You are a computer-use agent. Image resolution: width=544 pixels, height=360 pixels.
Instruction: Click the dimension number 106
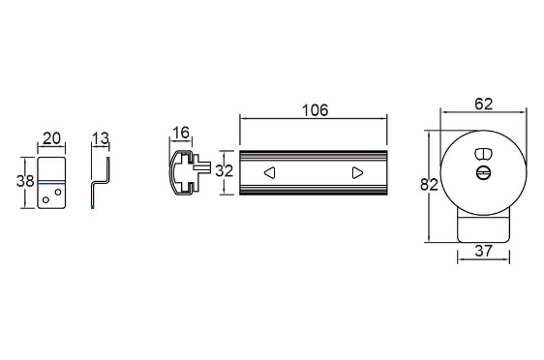(315, 110)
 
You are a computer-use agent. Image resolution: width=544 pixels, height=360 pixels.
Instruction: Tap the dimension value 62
(483, 104)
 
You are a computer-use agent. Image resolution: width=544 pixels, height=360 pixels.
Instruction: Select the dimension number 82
(429, 185)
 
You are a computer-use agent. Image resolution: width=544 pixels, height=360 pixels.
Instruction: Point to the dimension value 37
(483, 251)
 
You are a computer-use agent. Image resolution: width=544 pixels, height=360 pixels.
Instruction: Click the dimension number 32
(225, 171)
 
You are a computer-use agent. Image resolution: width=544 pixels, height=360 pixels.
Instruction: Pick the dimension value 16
(181, 133)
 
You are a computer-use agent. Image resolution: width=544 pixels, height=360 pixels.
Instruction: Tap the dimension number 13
(101, 138)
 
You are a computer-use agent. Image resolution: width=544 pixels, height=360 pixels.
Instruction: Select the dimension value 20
(51, 138)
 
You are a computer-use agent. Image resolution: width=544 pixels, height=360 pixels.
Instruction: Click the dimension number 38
(25, 181)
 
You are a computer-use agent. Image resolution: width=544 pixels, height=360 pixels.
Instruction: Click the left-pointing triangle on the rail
(270, 172)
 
